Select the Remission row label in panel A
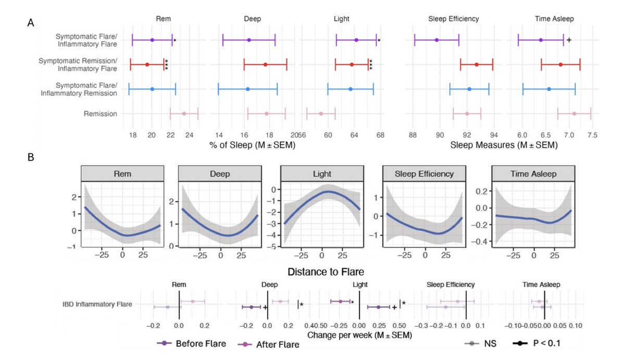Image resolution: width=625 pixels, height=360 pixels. tap(100, 114)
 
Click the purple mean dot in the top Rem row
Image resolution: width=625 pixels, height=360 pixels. tap(152, 40)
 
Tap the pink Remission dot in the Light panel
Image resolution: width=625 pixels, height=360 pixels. tap(321, 114)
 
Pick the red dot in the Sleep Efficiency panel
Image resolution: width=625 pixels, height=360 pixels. tap(477, 65)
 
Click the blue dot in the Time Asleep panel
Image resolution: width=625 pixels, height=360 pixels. tap(549, 89)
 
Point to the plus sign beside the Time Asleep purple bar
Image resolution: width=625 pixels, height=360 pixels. tap(569, 40)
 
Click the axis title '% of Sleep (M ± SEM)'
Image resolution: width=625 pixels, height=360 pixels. tap(252, 145)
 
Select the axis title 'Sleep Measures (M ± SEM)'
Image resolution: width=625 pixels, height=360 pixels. tap(504, 145)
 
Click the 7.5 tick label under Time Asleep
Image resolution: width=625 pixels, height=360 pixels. tap(591, 134)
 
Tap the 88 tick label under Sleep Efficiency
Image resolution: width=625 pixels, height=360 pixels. tap(413, 134)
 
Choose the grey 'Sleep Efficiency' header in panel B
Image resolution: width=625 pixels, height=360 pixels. tap(425, 174)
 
